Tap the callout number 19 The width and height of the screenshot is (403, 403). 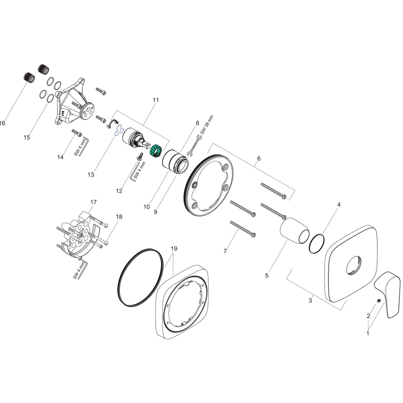click(x=174, y=248)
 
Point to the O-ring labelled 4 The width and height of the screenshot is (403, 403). click(x=316, y=244)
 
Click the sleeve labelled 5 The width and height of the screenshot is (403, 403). click(x=295, y=229)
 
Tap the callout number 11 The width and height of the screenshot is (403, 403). click(x=156, y=100)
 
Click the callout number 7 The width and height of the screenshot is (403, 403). click(x=225, y=251)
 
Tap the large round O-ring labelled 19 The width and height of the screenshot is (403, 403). click(x=141, y=277)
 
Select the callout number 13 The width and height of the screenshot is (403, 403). click(x=91, y=174)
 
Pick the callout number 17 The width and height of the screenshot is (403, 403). click(x=94, y=202)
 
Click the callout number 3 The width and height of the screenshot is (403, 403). click(x=310, y=300)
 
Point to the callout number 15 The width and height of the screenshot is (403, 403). click(x=27, y=137)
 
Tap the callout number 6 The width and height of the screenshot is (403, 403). click(x=259, y=158)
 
